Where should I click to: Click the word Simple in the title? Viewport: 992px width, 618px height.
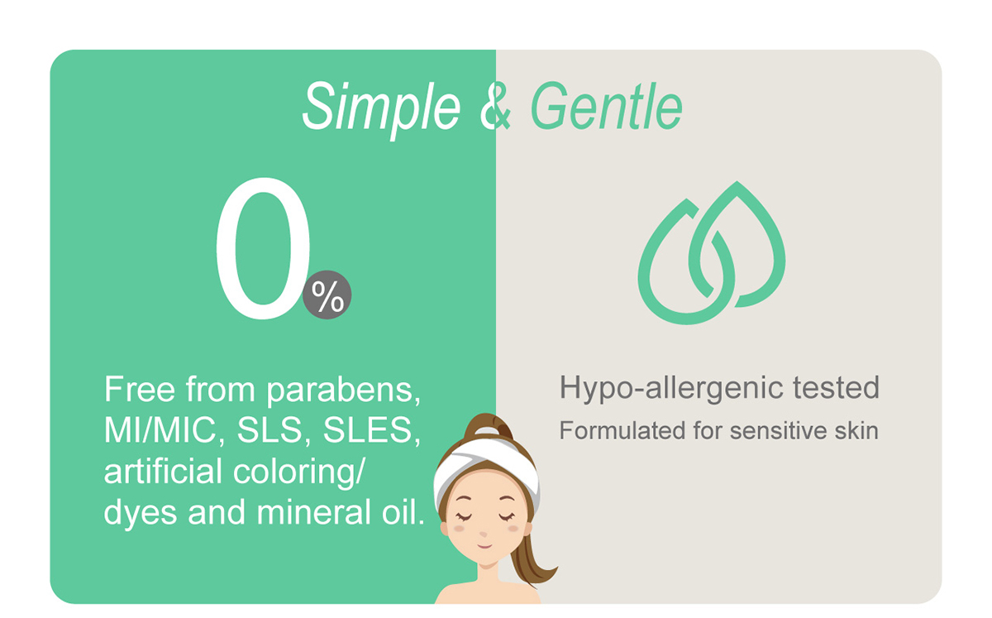pos(381,108)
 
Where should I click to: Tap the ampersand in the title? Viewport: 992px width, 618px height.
pos(495,107)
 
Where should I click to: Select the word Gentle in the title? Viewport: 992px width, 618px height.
pos(606,107)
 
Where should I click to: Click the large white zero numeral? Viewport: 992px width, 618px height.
pos(263,248)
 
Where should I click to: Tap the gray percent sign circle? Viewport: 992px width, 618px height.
pos(327,295)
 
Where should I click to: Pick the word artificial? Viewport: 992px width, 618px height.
pos(163,471)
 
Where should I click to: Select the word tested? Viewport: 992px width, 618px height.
pos(836,388)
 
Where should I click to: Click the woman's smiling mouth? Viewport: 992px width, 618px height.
pos(484,546)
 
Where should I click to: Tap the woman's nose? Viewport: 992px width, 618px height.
pos(483,534)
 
